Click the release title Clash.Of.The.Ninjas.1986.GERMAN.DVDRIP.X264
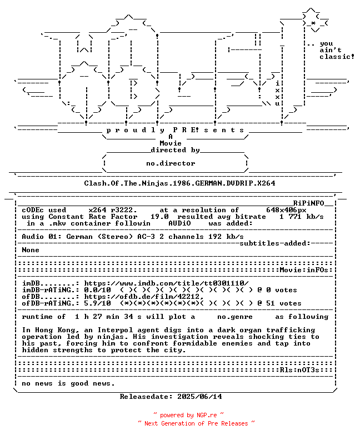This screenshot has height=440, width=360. click(179, 183)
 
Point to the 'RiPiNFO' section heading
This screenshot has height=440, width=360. click(313, 203)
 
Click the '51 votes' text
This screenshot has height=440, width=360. click(284, 303)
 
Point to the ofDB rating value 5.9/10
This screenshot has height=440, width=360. click(97, 303)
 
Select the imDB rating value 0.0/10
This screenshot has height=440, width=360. click(97, 290)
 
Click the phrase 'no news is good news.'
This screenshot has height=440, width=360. click(68, 383)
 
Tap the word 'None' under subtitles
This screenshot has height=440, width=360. click(31, 250)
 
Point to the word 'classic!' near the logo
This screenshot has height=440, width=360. click(337, 57)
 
